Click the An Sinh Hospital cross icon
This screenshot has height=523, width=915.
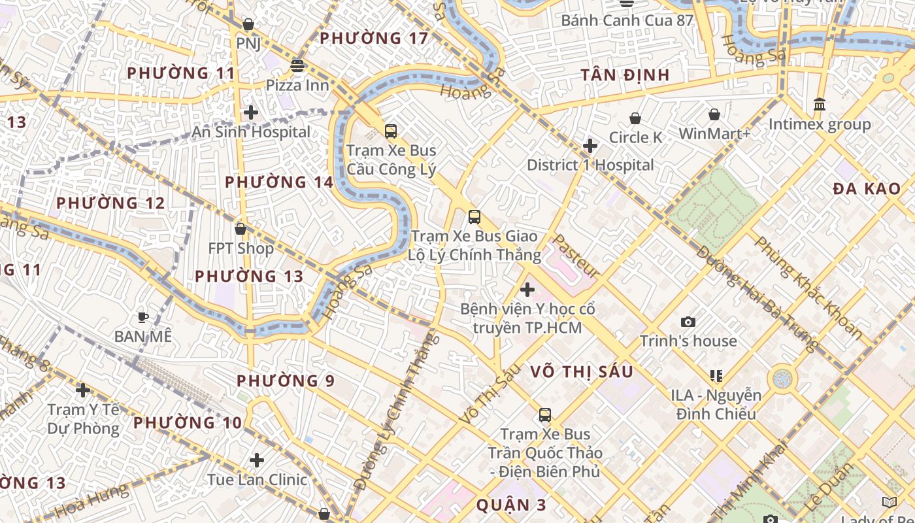(250, 112)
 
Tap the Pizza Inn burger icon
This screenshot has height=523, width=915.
(297, 65)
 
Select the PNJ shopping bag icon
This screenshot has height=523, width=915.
(248, 25)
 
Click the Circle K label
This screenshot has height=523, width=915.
(635, 137)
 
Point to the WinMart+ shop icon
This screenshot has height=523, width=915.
(714, 114)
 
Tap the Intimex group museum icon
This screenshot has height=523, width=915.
(819, 105)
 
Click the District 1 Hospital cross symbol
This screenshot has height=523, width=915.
(590, 145)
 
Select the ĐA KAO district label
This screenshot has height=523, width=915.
(867, 189)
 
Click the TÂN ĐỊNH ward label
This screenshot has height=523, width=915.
(625, 75)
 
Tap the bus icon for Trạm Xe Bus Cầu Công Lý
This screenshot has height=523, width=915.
(391, 131)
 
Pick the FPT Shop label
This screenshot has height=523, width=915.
(241, 248)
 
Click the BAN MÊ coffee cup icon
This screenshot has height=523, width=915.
(142, 318)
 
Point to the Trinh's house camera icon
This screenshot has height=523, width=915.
(688, 322)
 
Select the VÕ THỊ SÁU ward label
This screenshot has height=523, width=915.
(582, 372)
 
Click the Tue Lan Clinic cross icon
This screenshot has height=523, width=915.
(257, 460)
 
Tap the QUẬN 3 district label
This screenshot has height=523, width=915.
(511, 505)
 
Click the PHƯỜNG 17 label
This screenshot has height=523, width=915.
(374, 38)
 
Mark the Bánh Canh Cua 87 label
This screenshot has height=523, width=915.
(627, 20)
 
